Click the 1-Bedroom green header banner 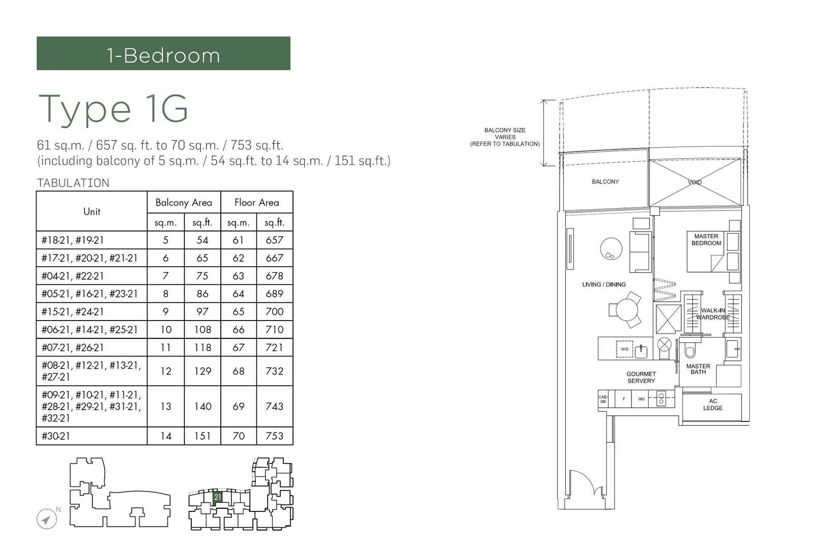tap(163, 53)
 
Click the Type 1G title tap(113, 109)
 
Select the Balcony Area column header tap(184, 203)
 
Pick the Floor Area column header tap(256, 203)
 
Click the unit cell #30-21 tap(56, 436)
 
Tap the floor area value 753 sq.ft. tap(274, 436)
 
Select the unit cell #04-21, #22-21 tap(73, 276)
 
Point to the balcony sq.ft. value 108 tap(202, 330)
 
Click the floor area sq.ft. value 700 tap(274, 312)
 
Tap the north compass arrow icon tap(46, 519)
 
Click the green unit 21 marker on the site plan tap(218, 497)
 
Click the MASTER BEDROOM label tap(706, 240)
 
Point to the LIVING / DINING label tap(604, 284)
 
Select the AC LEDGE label tap(713, 405)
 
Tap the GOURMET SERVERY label tap(641, 377)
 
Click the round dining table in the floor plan tap(627, 309)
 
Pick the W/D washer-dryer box tap(625, 349)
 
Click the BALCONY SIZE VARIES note tap(505, 137)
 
